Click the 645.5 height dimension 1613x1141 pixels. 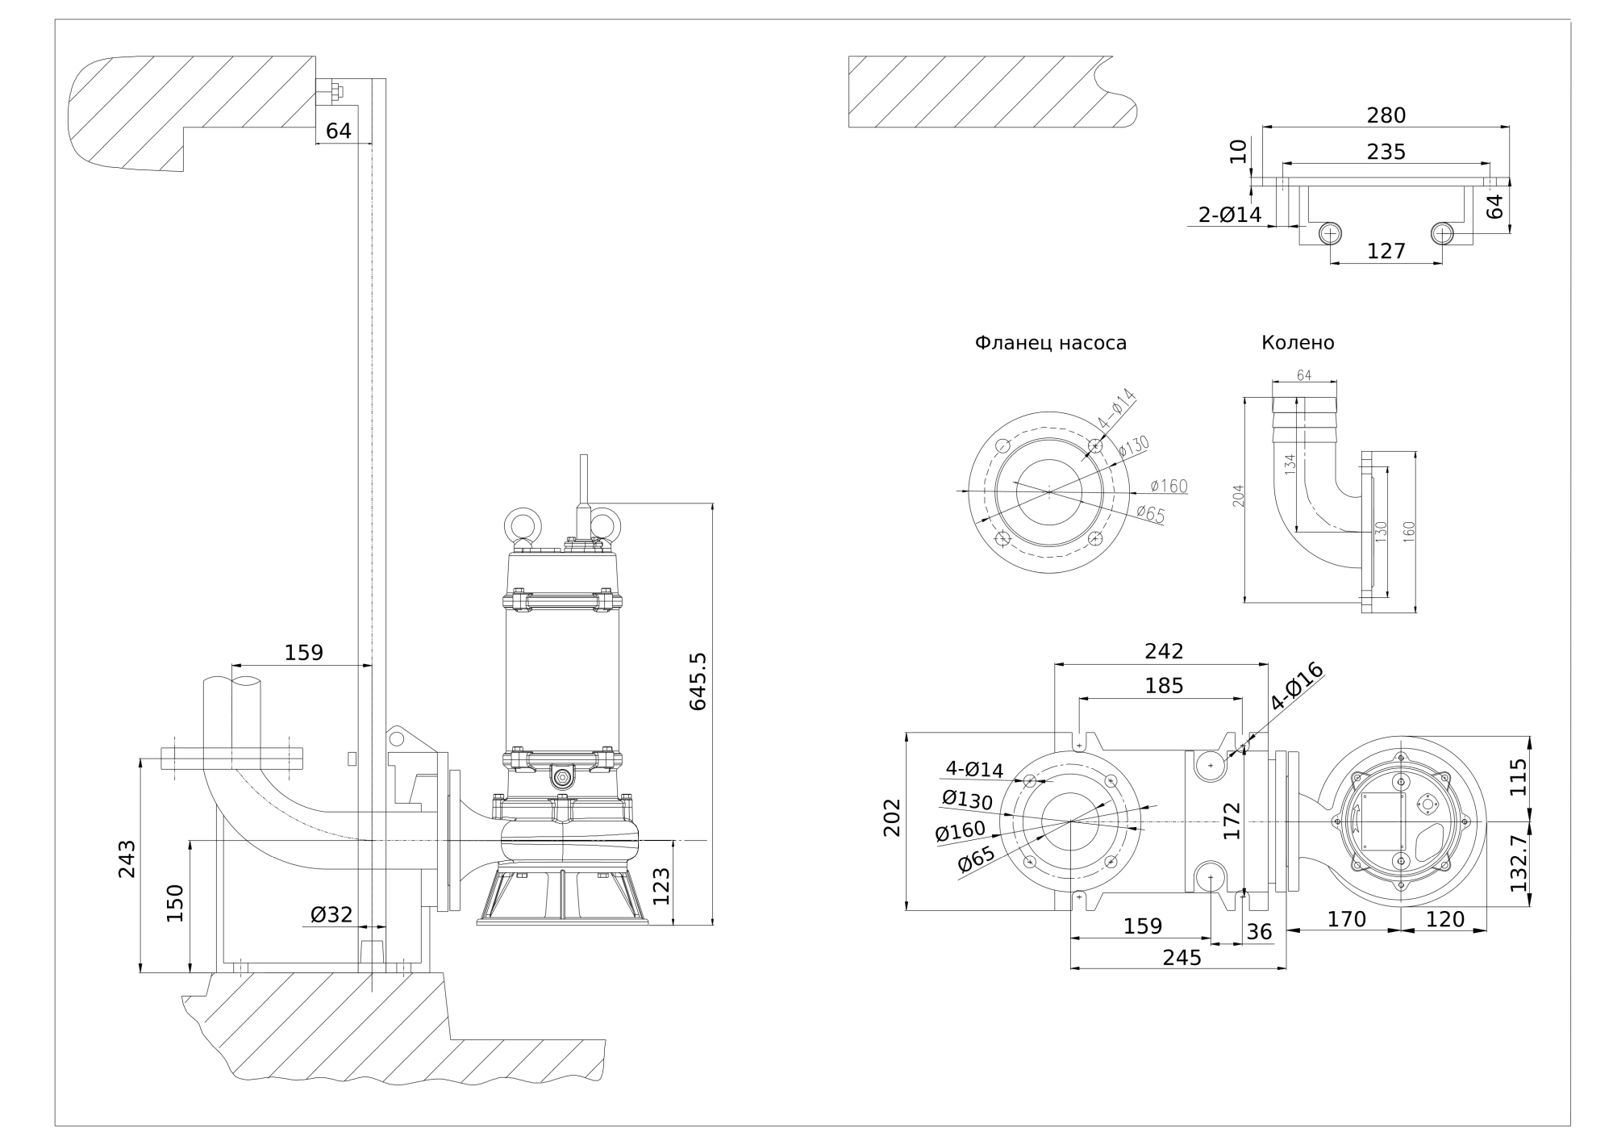[698, 681]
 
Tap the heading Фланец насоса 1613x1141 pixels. [1050, 343]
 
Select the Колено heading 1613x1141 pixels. [1298, 343]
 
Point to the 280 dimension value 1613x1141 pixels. [1386, 115]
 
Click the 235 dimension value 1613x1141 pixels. [1386, 152]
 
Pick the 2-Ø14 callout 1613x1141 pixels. [1229, 215]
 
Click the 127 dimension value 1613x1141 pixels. [1386, 251]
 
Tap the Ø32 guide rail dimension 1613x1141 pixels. [331, 914]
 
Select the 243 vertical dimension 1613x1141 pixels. [127, 859]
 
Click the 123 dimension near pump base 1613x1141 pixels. [661, 885]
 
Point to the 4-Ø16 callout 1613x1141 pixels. [1297, 686]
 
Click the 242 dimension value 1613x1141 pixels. [1164, 651]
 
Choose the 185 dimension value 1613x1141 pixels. [1164, 685]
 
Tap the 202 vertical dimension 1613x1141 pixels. [892, 817]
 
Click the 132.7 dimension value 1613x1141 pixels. [1519, 863]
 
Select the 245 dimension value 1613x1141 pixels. [1182, 958]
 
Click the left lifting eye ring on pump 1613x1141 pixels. [523, 525]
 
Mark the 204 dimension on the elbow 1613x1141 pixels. [1239, 495]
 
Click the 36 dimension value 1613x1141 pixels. [1259, 932]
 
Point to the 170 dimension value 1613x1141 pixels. [1346, 919]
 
